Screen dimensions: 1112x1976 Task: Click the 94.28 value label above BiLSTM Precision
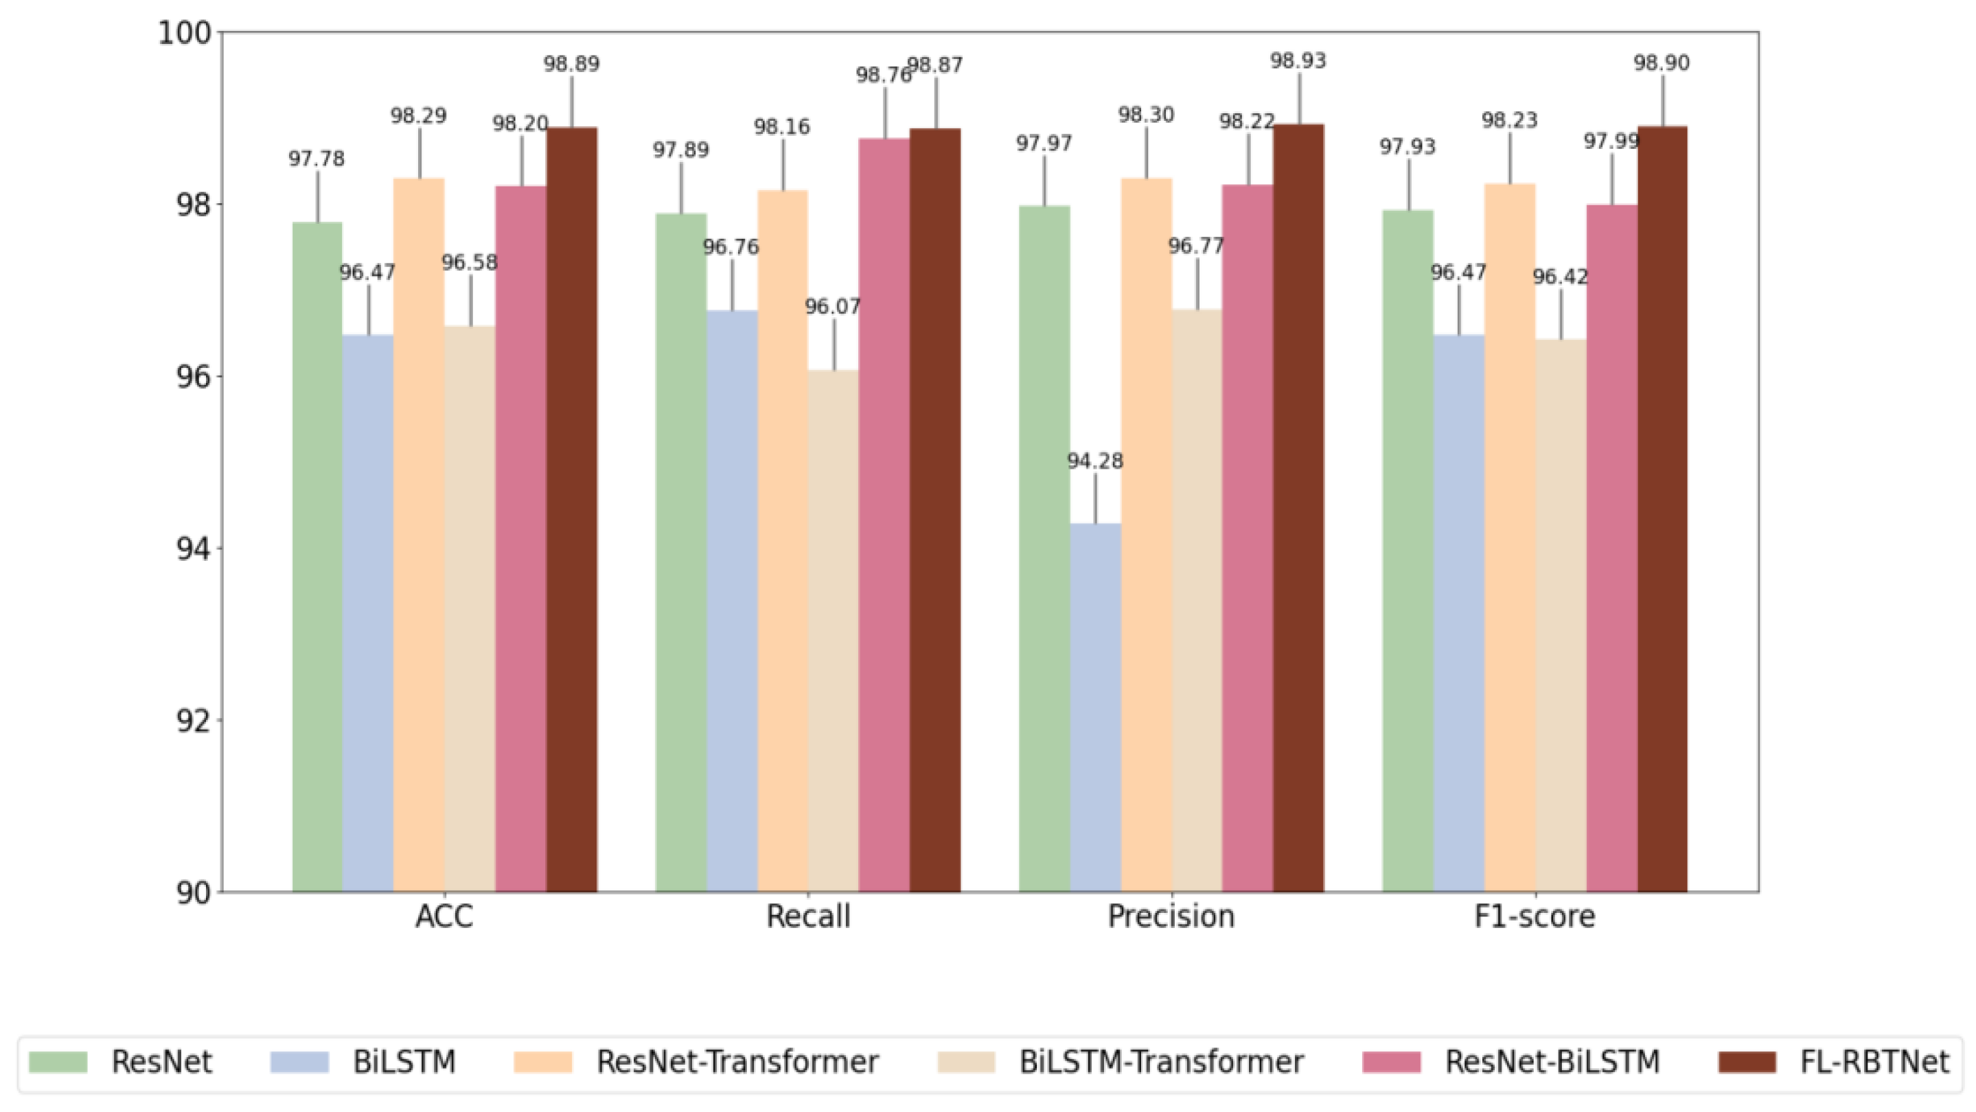[x=1094, y=461]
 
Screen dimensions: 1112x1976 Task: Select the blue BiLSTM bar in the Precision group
[x=1094, y=706]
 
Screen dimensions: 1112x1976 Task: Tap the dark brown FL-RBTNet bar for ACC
[x=571, y=506]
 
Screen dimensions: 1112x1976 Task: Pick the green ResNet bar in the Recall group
[x=680, y=552]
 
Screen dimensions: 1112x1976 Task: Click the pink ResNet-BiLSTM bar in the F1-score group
[x=1611, y=544]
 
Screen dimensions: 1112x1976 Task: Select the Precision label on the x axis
[x=1171, y=916]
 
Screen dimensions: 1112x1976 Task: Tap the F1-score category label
[x=1534, y=916]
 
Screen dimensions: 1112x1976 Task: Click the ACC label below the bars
[x=444, y=916]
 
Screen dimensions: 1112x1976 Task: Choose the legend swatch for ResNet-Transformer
[x=543, y=1062]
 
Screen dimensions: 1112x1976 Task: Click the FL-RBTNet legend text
[x=1874, y=1062]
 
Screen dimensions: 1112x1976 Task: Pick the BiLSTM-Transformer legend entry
[x=1160, y=1062]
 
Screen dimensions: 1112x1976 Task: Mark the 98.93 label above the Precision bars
[x=1298, y=60]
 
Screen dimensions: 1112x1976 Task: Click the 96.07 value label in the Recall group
[x=832, y=307]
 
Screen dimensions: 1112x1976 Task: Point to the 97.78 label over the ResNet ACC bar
[x=316, y=159]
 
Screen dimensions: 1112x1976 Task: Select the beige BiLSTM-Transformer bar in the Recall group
[x=833, y=629]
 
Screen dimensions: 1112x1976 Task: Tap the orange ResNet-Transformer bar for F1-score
[x=1509, y=537]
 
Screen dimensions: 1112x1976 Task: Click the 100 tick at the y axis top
[x=184, y=33]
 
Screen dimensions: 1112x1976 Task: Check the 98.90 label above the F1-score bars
[x=1661, y=63]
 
